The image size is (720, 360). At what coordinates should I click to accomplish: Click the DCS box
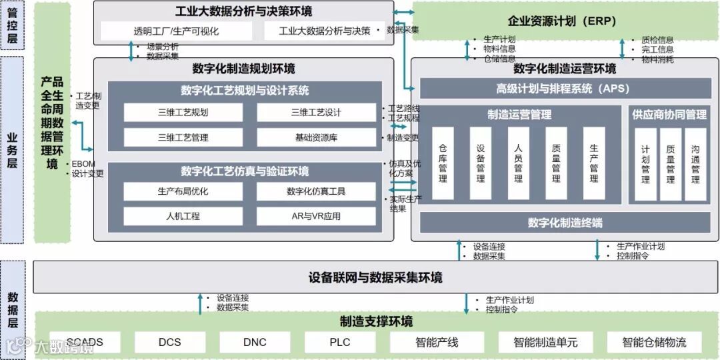169,343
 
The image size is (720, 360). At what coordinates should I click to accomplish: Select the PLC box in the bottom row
339,343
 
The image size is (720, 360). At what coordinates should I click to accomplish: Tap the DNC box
255,343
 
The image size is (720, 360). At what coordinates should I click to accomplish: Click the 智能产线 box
437,343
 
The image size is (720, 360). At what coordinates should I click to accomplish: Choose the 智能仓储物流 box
654,343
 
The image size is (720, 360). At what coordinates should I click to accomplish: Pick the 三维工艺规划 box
183,113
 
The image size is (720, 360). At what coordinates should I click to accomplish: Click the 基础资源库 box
316,138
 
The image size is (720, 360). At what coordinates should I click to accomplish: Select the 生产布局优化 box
183,191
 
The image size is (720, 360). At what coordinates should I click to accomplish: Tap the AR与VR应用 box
316,216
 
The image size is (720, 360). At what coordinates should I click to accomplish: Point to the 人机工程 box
183,216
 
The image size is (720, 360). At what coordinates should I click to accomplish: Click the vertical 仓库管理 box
443,163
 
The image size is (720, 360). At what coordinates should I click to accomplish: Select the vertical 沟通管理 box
695,165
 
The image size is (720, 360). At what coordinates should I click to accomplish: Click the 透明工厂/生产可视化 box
176,31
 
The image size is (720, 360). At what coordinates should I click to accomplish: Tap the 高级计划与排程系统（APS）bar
563,89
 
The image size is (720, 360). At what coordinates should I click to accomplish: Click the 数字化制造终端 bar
564,223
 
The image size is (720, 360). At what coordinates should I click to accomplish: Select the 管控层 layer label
12,25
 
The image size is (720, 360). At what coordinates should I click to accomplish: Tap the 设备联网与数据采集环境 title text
375,277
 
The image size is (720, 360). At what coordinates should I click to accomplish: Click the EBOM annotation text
85,164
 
